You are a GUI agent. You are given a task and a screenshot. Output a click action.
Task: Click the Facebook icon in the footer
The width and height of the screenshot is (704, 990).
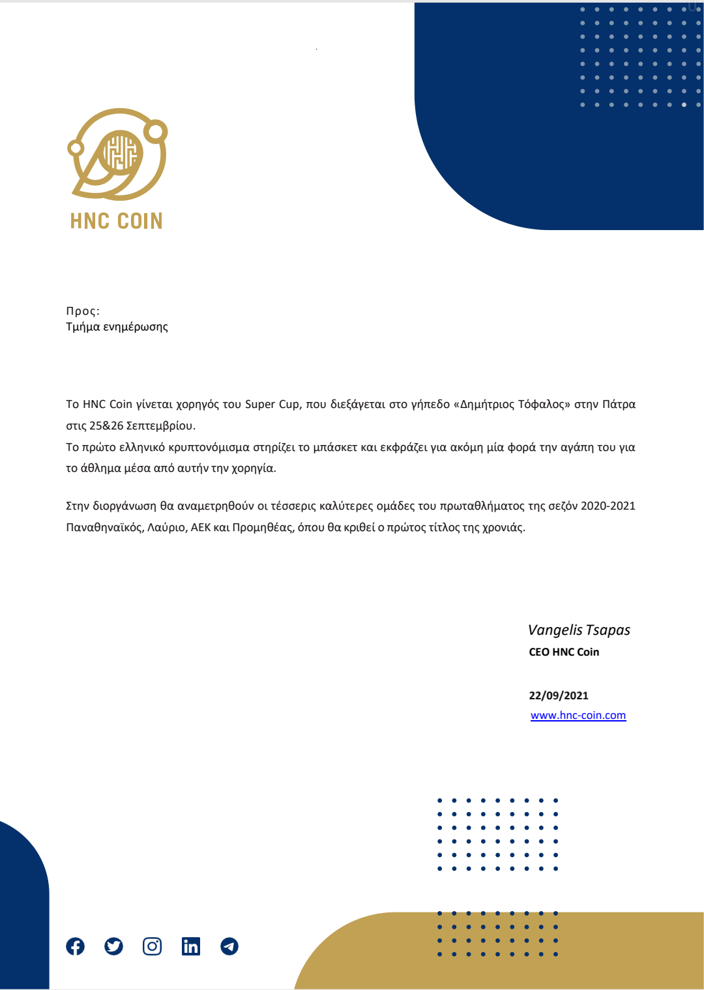click(75, 946)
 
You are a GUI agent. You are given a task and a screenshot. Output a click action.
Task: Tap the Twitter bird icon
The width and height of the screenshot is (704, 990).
click(113, 946)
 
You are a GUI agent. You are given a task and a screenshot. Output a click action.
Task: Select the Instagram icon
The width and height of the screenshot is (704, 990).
click(152, 946)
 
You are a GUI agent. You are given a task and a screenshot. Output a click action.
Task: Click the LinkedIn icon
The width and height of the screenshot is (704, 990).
click(190, 946)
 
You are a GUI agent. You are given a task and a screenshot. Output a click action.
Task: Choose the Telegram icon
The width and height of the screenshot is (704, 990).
click(229, 946)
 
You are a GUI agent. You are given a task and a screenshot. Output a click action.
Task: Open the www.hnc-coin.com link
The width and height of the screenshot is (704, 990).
click(578, 716)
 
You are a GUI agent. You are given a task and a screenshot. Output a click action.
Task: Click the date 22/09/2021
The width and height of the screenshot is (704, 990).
click(559, 695)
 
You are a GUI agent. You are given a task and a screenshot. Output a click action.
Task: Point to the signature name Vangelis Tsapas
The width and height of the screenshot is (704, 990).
click(579, 630)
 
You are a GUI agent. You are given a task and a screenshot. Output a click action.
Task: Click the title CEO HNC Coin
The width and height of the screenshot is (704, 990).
click(564, 652)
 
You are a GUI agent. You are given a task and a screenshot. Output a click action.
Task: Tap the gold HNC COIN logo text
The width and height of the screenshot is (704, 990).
click(116, 221)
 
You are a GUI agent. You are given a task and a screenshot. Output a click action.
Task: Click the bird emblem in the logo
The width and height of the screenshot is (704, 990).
click(118, 154)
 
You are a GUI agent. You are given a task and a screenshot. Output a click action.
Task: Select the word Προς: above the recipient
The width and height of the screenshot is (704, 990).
click(83, 311)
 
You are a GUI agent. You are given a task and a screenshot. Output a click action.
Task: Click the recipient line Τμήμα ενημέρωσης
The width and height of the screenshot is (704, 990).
click(117, 327)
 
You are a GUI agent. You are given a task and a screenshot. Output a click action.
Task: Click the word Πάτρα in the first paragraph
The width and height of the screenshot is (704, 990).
click(619, 404)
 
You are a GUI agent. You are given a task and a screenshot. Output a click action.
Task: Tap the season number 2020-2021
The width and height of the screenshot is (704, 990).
click(608, 506)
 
